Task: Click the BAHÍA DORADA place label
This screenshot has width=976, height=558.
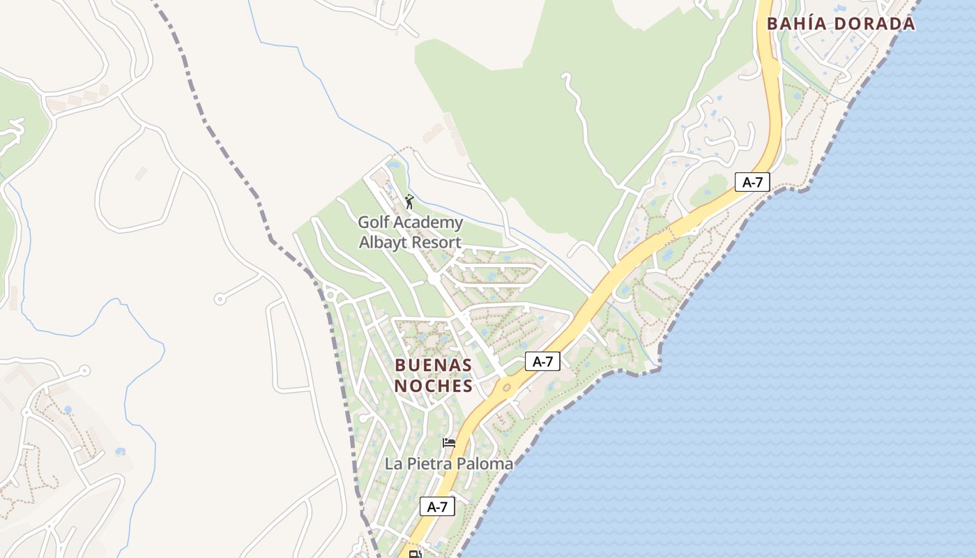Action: pyautogui.click(x=840, y=24)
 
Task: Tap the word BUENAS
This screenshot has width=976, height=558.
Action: pyautogui.click(x=434, y=365)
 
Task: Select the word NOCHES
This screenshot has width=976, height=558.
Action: pyautogui.click(x=434, y=386)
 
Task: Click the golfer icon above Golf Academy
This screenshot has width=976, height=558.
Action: pyautogui.click(x=409, y=202)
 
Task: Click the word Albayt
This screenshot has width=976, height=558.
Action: pyautogui.click(x=382, y=243)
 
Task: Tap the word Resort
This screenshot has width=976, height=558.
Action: pyautogui.click(x=436, y=243)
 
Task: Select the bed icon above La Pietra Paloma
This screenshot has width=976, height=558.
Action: pyautogui.click(x=449, y=443)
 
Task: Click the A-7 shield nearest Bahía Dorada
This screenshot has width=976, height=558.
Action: pyautogui.click(x=752, y=183)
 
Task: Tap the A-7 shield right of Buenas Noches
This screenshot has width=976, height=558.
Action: pyautogui.click(x=542, y=361)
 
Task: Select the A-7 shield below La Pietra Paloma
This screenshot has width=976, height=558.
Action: pyautogui.click(x=437, y=507)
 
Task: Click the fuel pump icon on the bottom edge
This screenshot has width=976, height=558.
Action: pyautogui.click(x=415, y=555)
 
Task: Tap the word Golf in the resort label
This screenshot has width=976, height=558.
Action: pyautogui.click(x=372, y=223)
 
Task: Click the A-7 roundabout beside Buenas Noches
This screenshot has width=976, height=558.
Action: pyautogui.click(x=507, y=387)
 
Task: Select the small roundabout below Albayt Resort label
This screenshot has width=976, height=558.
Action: pyautogui.click(x=434, y=278)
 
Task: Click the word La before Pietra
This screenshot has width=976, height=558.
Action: pyautogui.click(x=393, y=464)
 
